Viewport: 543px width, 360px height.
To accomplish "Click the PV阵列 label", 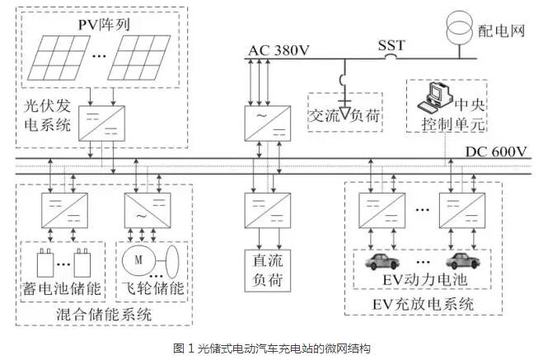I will tap(106, 24).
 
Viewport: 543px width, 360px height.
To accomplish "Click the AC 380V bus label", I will tap(279, 51).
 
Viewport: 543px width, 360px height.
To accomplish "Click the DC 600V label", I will tap(494, 152).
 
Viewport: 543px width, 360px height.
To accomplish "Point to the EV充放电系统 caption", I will tap(428, 306).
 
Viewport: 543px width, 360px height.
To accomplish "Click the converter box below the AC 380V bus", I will tap(264, 123).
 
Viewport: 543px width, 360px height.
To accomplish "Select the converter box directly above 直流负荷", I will tap(264, 208).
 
